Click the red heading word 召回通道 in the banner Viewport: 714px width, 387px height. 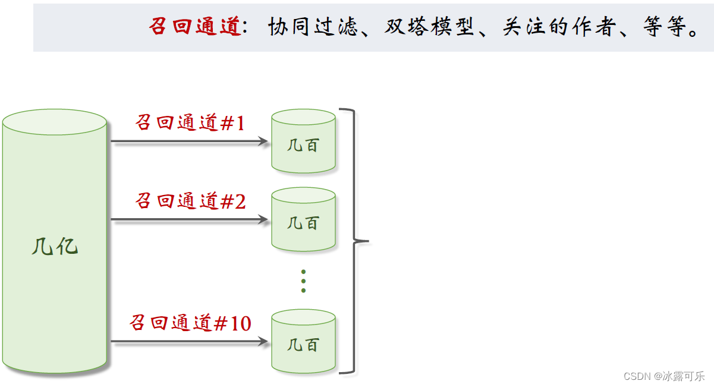194,27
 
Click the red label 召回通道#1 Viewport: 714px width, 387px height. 190,123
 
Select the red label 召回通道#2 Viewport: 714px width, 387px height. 190,201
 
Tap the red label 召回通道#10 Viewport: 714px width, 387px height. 190,323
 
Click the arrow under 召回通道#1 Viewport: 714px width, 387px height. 189,141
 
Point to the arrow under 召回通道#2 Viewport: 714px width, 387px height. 189,219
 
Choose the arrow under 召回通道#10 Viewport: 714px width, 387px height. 189,342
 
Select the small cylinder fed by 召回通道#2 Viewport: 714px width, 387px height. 303,219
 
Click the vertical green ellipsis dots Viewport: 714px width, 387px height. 303,281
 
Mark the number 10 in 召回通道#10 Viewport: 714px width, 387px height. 241,324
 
